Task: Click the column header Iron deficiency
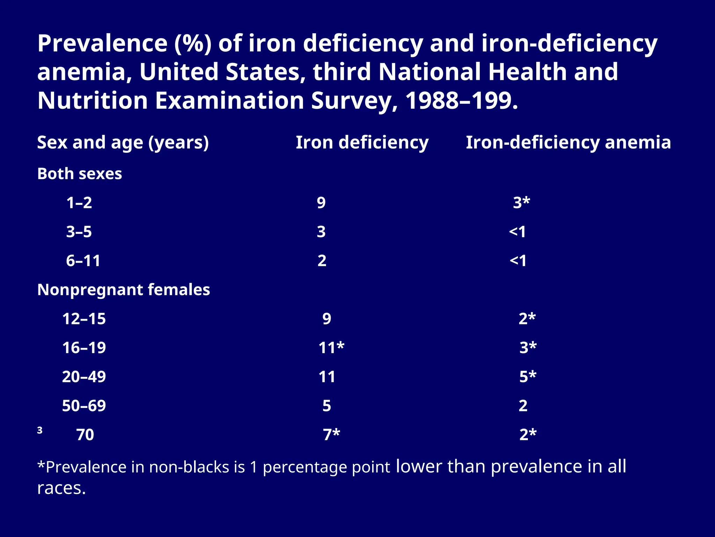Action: coord(362,143)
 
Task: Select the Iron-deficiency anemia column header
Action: coord(568,143)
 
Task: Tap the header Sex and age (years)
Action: coord(123,143)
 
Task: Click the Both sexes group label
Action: coord(80,174)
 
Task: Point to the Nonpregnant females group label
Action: coord(124,290)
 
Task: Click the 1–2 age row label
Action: coord(79,203)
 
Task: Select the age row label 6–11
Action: coord(83,261)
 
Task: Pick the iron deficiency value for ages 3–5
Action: coord(321,232)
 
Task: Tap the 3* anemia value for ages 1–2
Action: coord(521,202)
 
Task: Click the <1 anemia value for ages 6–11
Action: coord(518,261)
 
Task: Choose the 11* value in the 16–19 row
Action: coord(331,348)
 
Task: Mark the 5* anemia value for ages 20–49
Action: coord(528,377)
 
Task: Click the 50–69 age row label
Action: coord(84,406)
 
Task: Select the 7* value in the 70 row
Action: coord(331,435)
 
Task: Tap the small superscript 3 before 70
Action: coord(40,430)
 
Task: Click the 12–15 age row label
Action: coord(84,319)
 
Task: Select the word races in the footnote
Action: coord(61,488)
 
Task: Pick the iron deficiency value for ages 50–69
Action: coord(326,406)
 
